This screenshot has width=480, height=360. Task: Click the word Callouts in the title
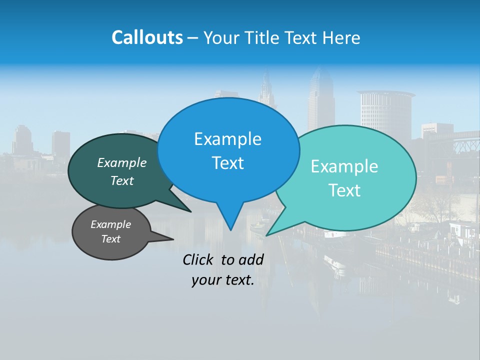[x=147, y=37]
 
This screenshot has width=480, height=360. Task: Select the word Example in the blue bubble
[x=227, y=139]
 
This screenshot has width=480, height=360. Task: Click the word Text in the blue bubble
[x=227, y=163]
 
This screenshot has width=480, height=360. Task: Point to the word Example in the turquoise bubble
[x=344, y=166]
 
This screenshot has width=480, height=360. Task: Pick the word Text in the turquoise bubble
[x=344, y=190]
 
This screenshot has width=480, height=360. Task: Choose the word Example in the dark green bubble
[x=121, y=163]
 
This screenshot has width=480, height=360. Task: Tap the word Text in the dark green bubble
[x=121, y=181]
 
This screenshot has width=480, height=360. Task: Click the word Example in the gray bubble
[x=110, y=224]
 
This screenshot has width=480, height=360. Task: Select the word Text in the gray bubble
[x=110, y=239]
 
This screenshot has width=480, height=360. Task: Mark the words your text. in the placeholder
[x=222, y=280]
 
